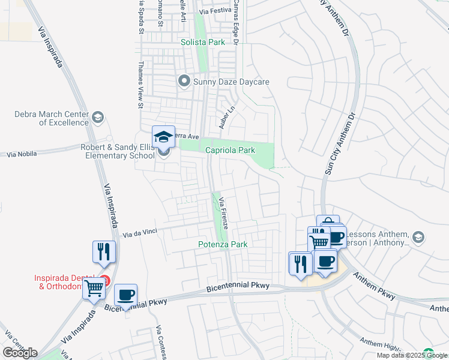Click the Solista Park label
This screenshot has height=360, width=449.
click(203, 43)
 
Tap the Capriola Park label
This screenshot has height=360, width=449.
click(231, 150)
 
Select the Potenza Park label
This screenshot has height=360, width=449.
click(223, 244)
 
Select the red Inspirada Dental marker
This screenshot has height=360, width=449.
click(105, 280)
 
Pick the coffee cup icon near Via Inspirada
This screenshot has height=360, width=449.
click(125, 295)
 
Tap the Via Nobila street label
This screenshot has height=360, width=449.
click(22, 154)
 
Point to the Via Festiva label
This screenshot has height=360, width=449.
click(214, 11)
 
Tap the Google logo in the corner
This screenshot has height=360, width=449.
click(20, 352)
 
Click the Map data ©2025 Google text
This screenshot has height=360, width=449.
click(411, 355)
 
